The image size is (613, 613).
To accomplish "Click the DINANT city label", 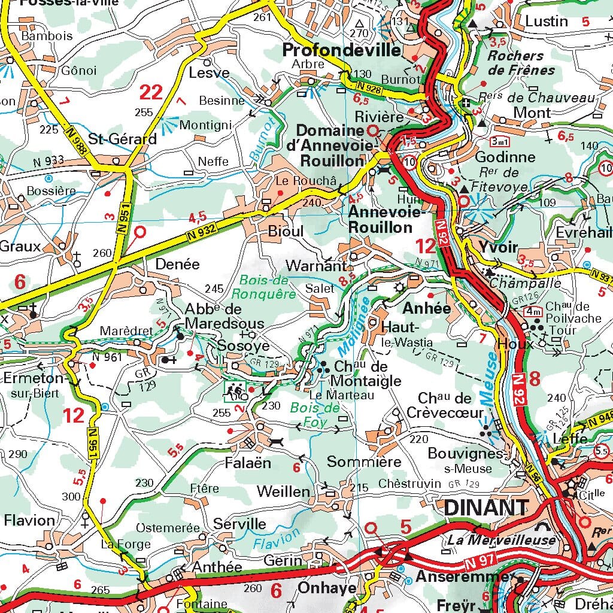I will tap(486, 508).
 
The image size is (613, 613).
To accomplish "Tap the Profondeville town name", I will tap(341, 50).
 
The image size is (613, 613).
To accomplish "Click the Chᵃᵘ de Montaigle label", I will tap(360, 373).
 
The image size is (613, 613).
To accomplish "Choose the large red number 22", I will tap(151, 92).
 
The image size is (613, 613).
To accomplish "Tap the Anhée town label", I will tap(426, 308).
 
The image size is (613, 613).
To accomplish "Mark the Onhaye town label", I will tap(327, 588).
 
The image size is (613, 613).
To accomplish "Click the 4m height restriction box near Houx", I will tap(532, 311).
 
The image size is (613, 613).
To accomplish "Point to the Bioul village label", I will tap(286, 231).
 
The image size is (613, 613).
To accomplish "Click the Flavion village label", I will tap(29, 520).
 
